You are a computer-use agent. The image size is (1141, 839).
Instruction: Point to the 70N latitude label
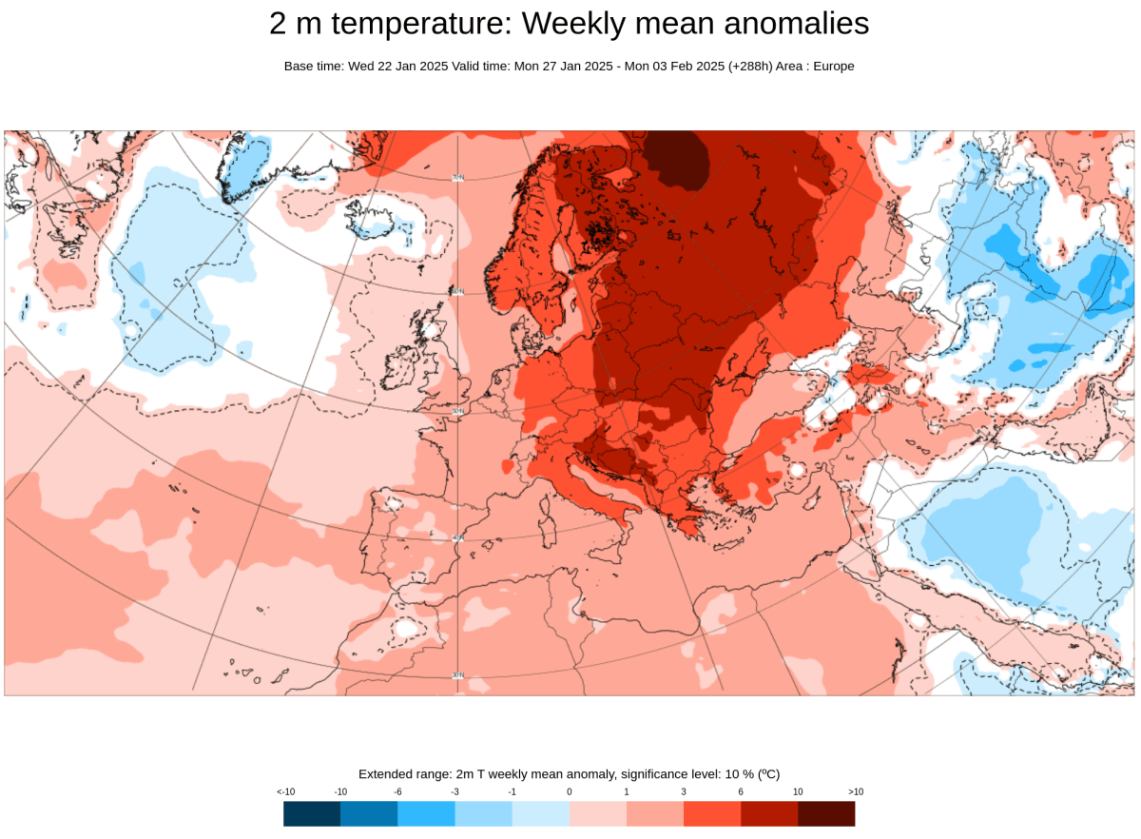[457, 177]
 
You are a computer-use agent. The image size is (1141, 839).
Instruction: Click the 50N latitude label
[456, 411]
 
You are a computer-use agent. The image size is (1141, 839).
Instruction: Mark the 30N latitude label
[457, 675]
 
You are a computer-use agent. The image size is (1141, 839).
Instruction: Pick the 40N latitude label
[457, 537]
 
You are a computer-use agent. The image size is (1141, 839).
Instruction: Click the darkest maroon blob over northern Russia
[677, 157]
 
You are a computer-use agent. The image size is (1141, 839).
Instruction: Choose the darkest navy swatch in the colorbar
[312, 813]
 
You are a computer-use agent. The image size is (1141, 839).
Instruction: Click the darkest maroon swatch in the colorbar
[825, 813]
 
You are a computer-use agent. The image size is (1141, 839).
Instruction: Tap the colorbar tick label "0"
[570, 791]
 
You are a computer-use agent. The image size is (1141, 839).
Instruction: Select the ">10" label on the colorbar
[855, 791]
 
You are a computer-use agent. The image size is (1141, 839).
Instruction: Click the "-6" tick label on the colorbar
[397, 791]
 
